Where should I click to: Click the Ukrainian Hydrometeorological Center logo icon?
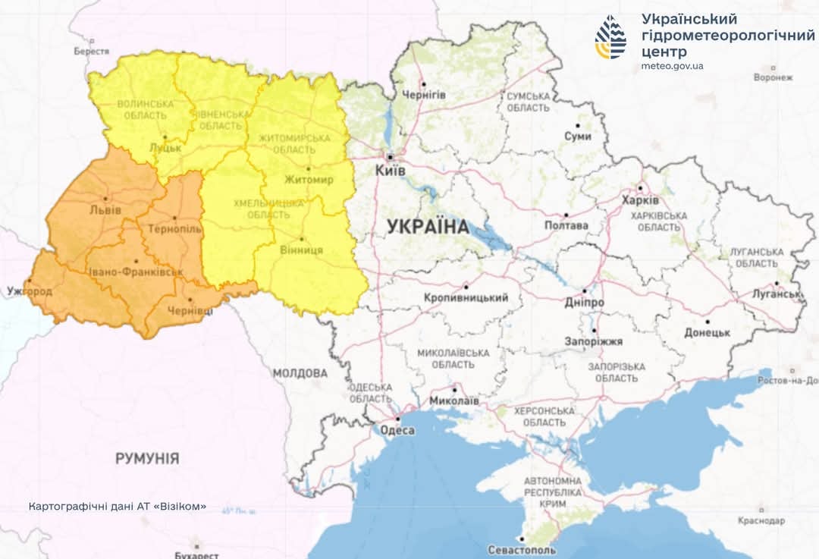(610, 36)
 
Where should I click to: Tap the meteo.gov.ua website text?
(672, 66)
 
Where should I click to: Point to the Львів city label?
(105, 209)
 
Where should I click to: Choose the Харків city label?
(640, 201)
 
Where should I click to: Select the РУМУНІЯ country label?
(147, 458)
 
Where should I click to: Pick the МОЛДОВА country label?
(300, 373)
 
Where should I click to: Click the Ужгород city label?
(29, 290)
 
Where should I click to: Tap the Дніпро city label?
(584, 302)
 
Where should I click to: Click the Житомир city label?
(309, 180)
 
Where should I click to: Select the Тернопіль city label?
(174, 228)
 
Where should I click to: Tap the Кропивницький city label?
(466, 298)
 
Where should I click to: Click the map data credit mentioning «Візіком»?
(117, 506)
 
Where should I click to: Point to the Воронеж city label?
(773, 77)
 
